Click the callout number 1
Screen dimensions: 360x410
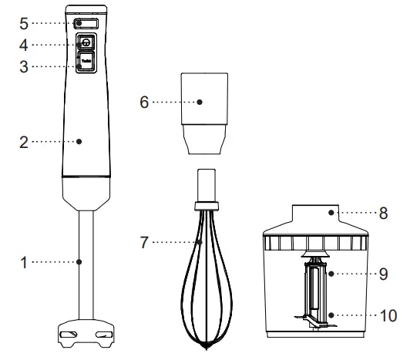point(24,262)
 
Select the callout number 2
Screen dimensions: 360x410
point(24,141)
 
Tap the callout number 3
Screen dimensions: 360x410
point(24,66)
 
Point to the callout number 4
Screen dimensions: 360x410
point(24,45)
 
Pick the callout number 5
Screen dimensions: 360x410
point(24,22)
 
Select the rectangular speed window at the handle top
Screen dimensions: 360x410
point(83,23)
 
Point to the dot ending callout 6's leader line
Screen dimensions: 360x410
point(199,101)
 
